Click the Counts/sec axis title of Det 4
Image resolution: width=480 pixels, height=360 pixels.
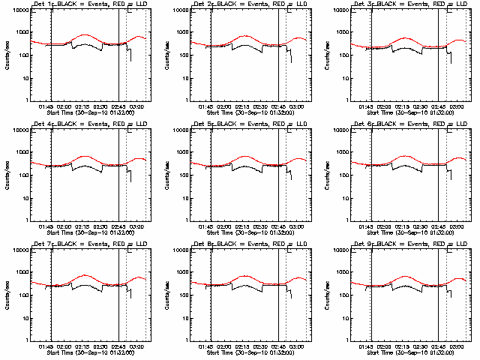pos(7,175)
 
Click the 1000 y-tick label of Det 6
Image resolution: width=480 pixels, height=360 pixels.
pos(342,153)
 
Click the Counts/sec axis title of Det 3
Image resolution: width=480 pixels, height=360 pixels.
pos(327,55)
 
